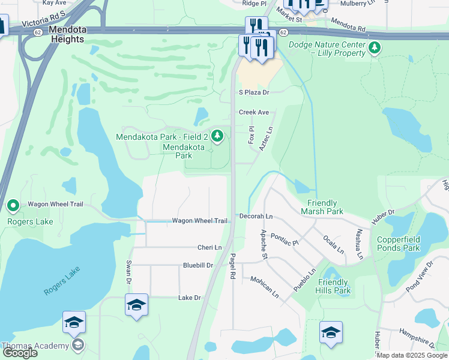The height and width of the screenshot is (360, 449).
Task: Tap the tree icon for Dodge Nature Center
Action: [x=375, y=46]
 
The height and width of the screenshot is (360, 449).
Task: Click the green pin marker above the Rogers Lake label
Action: [x=13, y=207]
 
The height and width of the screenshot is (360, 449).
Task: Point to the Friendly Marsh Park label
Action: [x=322, y=207]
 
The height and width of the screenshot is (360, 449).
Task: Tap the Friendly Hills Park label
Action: [x=334, y=286]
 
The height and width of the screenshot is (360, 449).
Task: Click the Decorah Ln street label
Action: [x=256, y=216]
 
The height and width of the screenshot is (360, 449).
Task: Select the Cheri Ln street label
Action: [x=209, y=247]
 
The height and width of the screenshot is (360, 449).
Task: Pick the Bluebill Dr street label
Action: [x=198, y=265]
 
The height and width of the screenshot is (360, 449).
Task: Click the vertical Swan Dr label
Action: [x=128, y=272]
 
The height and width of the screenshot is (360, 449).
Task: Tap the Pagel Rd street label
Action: [x=232, y=266]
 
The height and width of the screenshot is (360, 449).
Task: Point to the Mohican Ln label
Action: [x=265, y=286]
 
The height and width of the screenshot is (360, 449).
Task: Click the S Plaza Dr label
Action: [x=255, y=92]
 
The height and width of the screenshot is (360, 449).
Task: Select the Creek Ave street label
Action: [x=254, y=112]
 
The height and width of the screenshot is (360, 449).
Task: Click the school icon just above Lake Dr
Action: [x=136, y=305]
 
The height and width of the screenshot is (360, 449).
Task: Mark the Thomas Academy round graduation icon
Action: [x=77, y=344]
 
